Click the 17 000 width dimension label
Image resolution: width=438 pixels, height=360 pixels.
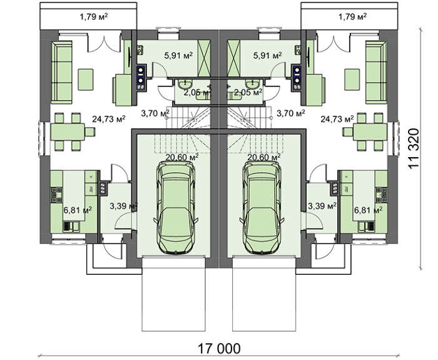point(219,349)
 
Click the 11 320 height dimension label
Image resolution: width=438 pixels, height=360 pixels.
point(414,148)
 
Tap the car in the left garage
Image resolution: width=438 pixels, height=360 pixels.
point(176,208)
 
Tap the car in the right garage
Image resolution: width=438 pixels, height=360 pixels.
point(262,208)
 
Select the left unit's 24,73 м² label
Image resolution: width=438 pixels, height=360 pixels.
point(109,120)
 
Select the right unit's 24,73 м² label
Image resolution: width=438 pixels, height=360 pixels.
point(337,120)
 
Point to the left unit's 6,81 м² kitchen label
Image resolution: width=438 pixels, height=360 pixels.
point(78,210)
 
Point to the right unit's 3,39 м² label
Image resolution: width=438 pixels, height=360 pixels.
point(322,206)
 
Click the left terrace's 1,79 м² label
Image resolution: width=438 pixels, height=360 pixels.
point(94,17)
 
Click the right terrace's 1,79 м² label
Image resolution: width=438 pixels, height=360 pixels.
point(352,17)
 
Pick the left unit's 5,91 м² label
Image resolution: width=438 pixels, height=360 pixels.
point(178,55)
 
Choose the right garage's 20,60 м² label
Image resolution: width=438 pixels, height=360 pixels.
point(264,157)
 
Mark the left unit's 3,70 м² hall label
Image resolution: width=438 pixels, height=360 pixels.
point(155,113)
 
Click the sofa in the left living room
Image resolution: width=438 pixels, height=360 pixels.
point(61,72)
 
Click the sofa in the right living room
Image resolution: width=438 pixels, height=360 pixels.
point(376,72)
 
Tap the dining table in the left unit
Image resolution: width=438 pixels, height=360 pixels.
point(68,132)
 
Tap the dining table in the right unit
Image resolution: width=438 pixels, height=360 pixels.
point(370,132)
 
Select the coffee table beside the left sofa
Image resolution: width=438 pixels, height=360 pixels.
point(86,80)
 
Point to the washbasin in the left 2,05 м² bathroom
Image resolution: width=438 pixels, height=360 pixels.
point(185,83)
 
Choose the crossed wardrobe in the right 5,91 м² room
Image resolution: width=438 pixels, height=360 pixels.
point(234,58)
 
